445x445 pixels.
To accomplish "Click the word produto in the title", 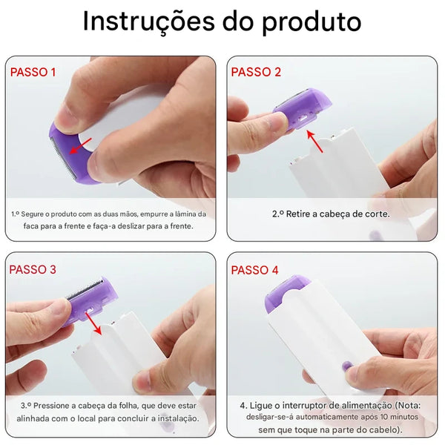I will pyautogui.click(x=311, y=23).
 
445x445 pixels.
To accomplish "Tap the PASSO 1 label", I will pyautogui.click(x=33, y=72).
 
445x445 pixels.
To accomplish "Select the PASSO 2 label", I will pyautogui.click(x=256, y=72).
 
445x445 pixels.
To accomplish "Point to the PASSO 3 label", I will pyautogui.click(x=33, y=269).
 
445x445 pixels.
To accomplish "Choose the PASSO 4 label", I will pyautogui.click(x=255, y=269).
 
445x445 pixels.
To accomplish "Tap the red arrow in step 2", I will pyautogui.click(x=315, y=141).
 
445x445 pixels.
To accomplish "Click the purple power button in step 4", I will pyautogui.click(x=346, y=366).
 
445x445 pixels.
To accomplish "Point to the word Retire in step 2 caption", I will pyautogui.click(x=300, y=214).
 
